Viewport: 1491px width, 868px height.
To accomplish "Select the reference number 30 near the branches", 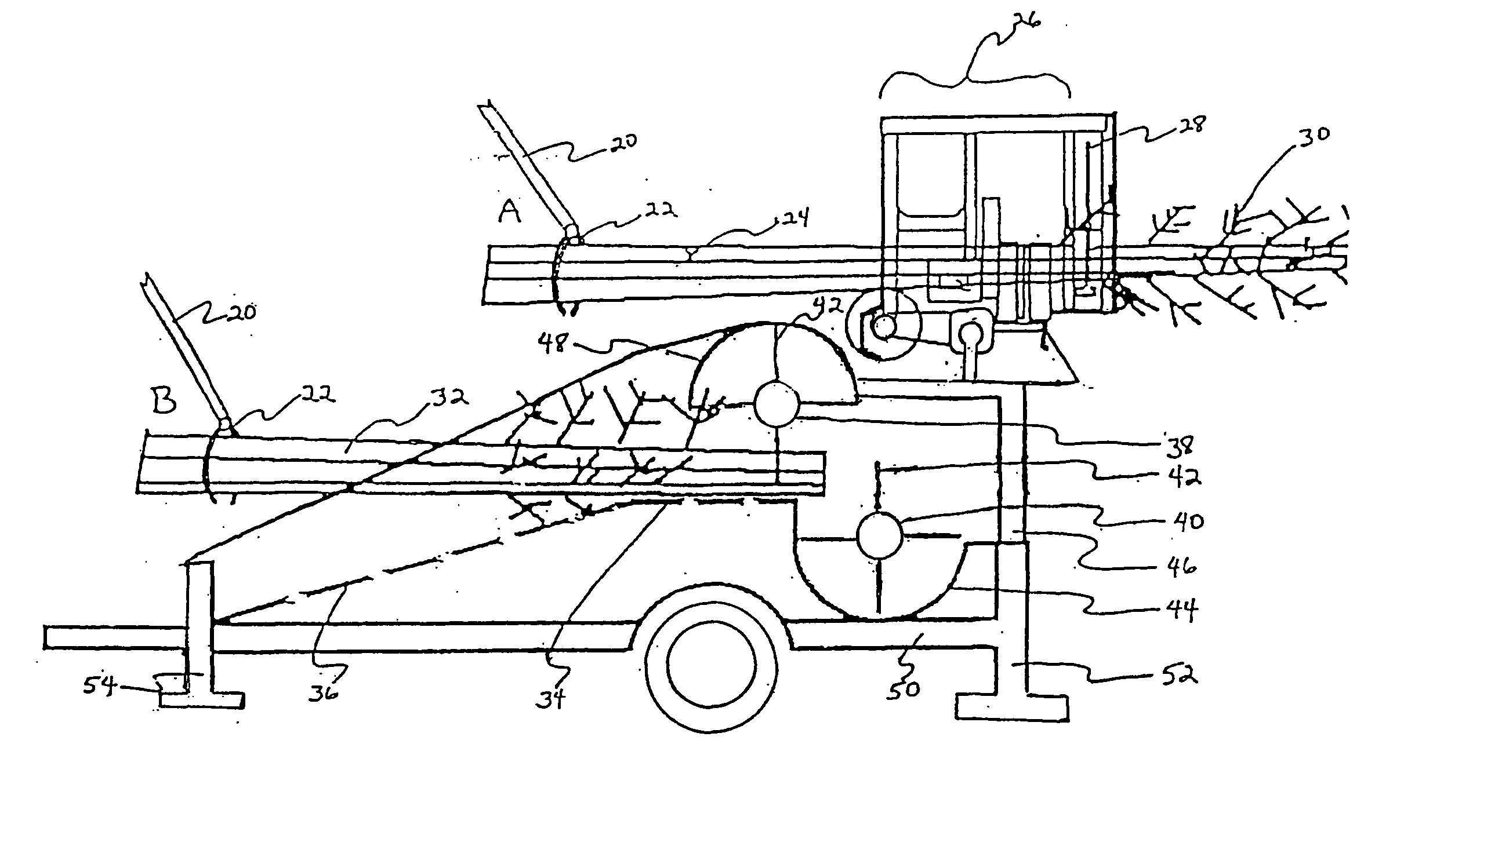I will point(1314,135).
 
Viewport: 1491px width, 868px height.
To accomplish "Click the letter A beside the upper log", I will point(509,211).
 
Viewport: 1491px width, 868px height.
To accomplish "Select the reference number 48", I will point(553,342).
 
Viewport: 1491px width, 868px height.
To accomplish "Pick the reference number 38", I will point(1180,447).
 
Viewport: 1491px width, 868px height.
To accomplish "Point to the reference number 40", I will point(1187,522).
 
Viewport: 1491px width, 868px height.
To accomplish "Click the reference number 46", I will point(1181,567).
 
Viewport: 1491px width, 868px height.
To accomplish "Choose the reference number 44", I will point(1182,610).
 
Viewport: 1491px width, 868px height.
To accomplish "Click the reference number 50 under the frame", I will point(904,690).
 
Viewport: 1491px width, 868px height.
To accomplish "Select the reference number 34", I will point(551,698).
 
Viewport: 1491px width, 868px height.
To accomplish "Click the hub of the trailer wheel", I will point(710,658).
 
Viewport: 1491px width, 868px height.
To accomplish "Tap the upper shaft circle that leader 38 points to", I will point(777,404).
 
